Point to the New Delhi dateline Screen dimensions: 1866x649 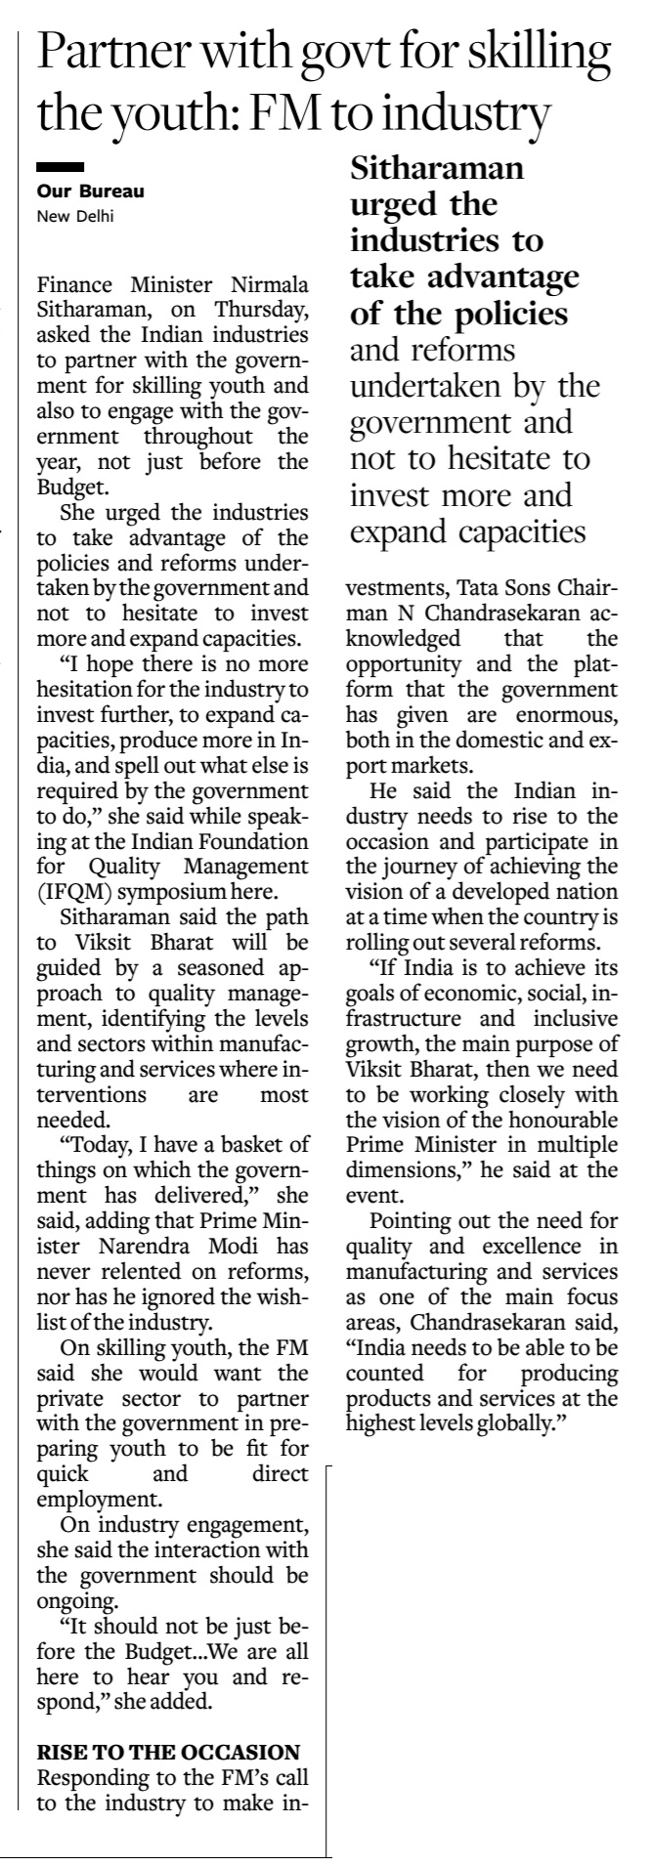74,216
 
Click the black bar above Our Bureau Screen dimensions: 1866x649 59,168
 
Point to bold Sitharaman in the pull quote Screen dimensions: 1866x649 437,170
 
